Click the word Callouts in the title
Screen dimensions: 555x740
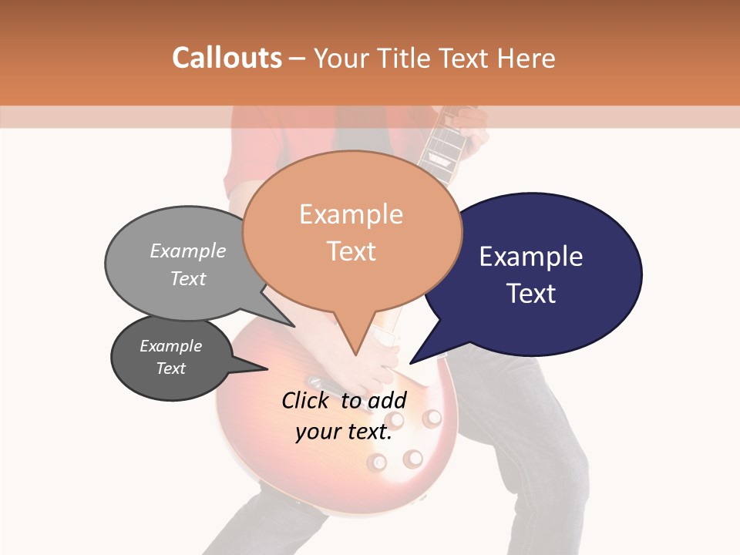227,58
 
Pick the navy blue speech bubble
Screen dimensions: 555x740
540,274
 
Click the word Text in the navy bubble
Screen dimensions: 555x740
531,294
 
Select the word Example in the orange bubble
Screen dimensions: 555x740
351,214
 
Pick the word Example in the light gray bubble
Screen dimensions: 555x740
188,251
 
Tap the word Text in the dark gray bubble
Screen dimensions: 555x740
171,368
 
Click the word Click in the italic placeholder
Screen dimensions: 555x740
307,400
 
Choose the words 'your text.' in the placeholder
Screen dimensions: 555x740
344,432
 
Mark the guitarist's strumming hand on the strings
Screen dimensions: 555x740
382,362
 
